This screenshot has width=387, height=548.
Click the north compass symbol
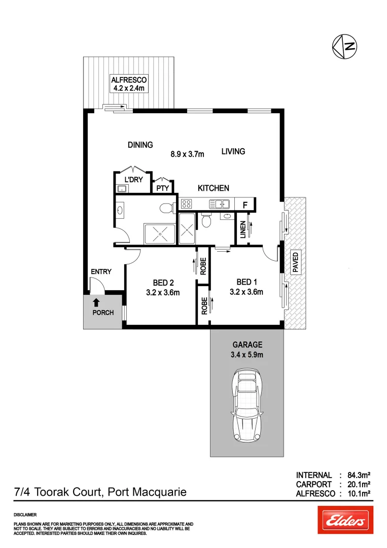click(x=344, y=46)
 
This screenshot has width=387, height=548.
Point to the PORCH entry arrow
click(x=96, y=303)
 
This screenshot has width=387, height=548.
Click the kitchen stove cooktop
click(x=186, y=204)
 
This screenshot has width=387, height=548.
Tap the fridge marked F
click(x=245, y=205)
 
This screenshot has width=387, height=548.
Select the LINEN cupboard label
click(x=242, y=229)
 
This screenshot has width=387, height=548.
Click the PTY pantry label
click(x=162, y=188)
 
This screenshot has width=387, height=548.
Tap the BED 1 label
click(x=246, y=282)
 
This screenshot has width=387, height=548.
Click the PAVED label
click(x=295, y=263)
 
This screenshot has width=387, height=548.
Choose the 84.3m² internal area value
click(x=357, y=475)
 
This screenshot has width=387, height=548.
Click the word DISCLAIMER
click(x=25, y=515)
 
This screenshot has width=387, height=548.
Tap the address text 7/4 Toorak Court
click(x=61, y=492)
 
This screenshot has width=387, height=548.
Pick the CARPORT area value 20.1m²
click(x=357, y=485)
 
